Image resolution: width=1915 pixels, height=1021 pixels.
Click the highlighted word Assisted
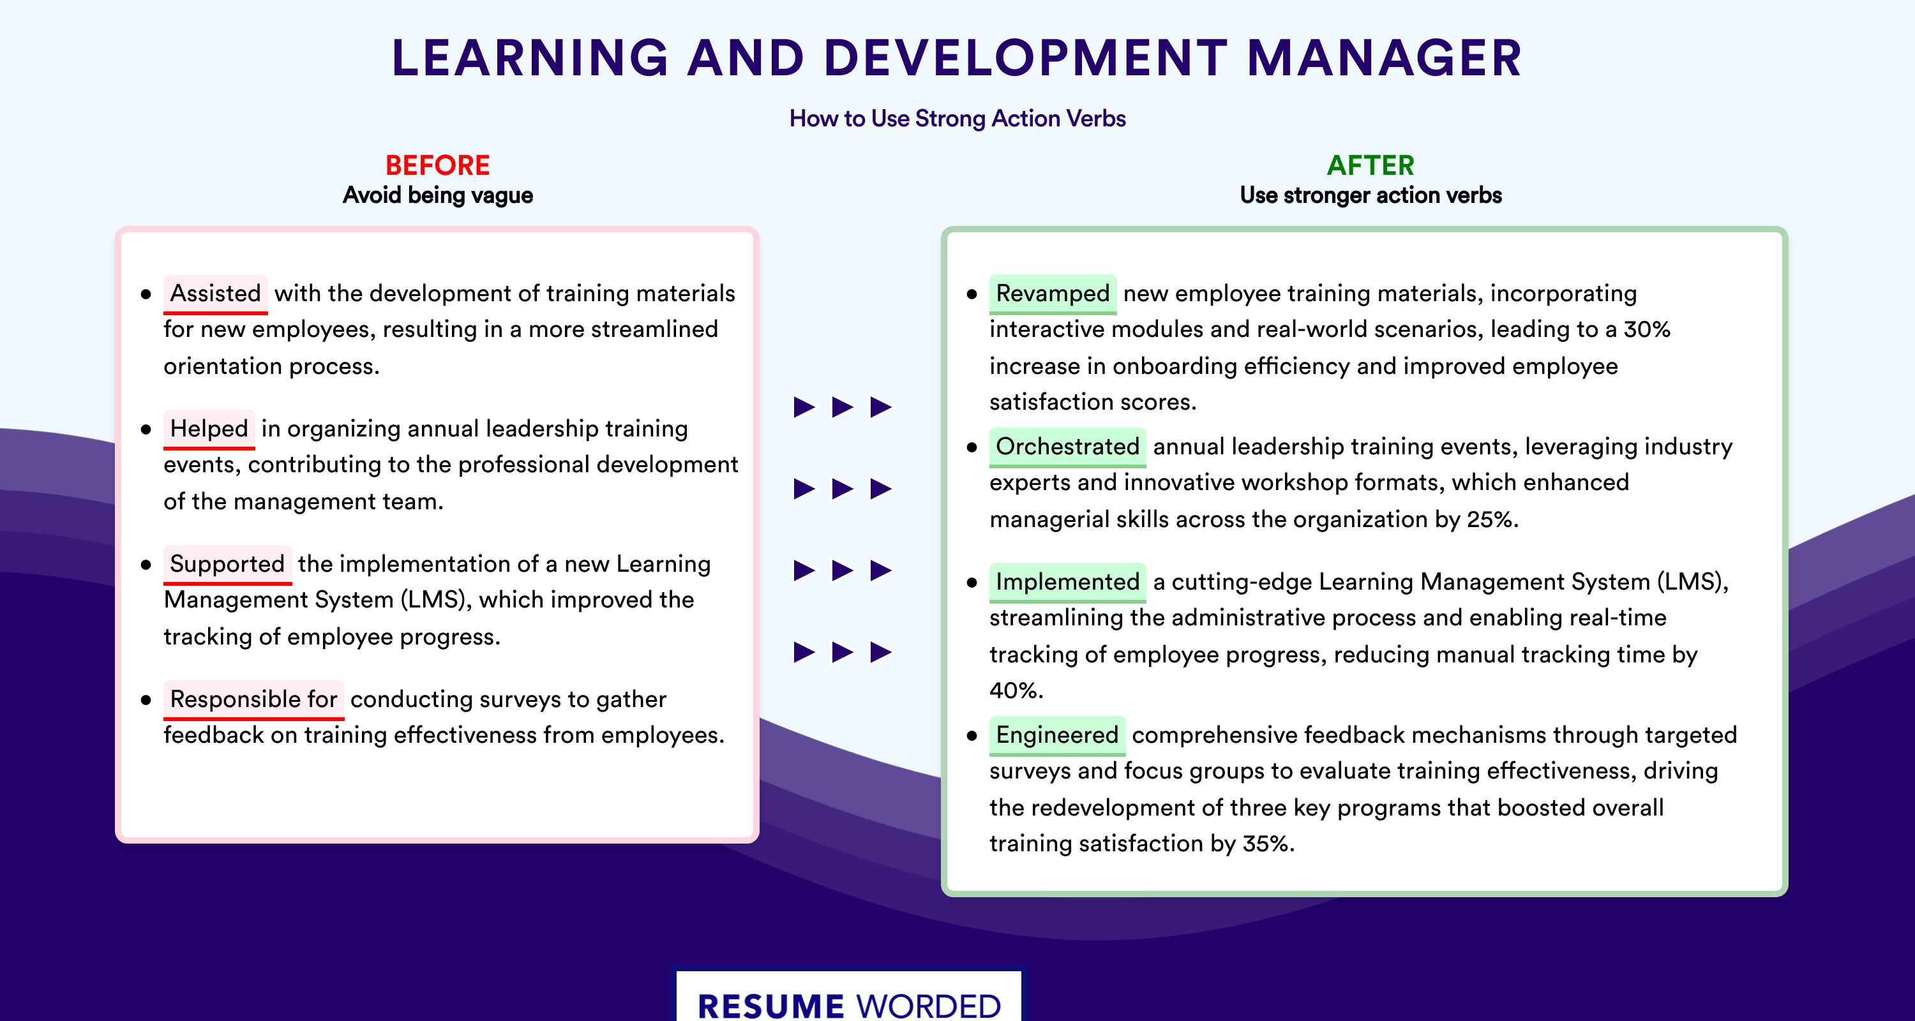(216, 294)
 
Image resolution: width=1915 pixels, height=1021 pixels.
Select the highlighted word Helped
(209, 429)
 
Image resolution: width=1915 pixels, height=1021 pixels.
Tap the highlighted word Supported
(227, 564)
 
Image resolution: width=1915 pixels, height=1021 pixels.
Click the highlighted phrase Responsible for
(253, 699)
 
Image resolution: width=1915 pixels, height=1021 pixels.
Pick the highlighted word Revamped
(1053, 294)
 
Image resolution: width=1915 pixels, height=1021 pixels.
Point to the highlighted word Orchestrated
(1067, 447)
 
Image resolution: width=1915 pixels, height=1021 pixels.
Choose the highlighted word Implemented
(1067, 582)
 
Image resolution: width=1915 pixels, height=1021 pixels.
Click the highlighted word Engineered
(1057, 735)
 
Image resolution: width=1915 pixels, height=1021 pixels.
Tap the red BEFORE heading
(438, 165)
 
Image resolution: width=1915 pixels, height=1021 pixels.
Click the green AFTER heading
(1371, 165)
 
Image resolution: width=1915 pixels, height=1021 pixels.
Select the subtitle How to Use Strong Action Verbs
(957, 119)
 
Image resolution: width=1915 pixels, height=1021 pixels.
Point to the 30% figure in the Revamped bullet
(1647, 329)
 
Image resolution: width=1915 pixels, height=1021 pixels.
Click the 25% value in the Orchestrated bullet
(1492, 519)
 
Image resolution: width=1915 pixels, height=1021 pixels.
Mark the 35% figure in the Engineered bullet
(1268, 844)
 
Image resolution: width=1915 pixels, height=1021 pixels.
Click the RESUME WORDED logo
(849, 1004)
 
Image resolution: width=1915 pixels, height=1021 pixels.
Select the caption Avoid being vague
(438, 195)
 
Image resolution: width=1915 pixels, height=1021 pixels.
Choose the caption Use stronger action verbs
(1371, 195)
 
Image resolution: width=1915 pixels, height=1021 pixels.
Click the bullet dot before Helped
(146, 429)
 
